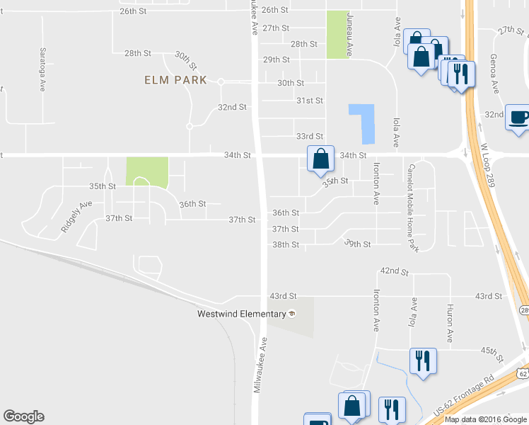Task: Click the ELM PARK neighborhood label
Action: pos(175,80)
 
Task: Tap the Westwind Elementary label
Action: pos(240,314)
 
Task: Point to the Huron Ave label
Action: pos(449,324)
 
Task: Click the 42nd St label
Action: pos(395,271)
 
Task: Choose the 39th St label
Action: pos(357,244)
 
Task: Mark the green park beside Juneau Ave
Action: pos(337,35)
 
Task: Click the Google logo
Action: pos(23,416)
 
